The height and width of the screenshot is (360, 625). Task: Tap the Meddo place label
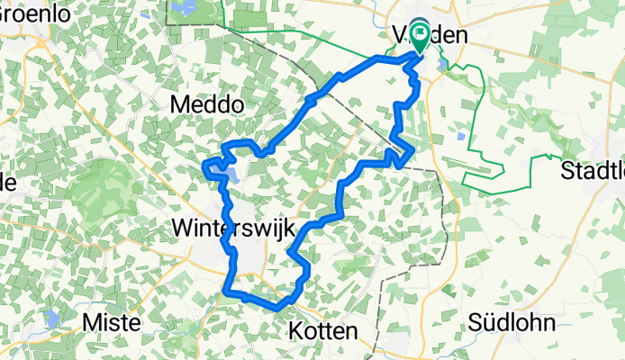[208, 105]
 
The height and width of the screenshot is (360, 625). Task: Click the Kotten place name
[324, 331]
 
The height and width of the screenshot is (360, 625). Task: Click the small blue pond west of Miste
[53, 318]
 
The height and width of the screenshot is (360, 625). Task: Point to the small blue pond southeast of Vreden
[461, 137]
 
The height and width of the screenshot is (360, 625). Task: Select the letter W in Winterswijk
[180, 229]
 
